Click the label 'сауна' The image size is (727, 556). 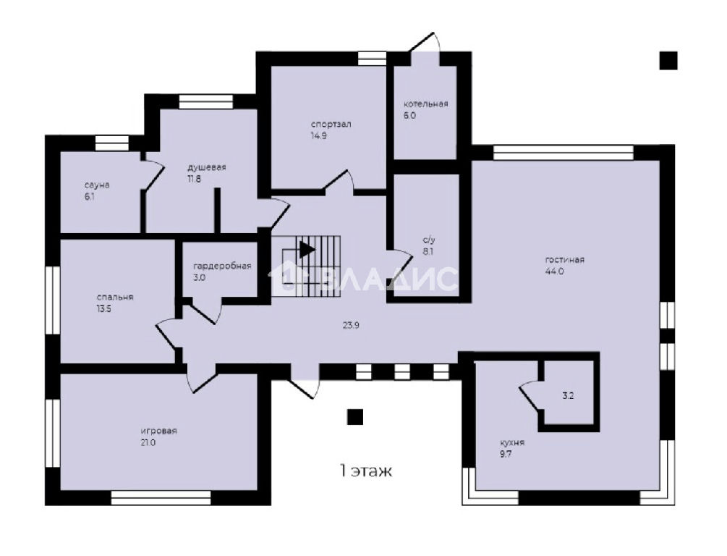pyautogui.click(x=97, y=185)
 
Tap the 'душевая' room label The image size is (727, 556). pyautogui.click(x=206, y=167)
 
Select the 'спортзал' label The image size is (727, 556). pyautogui.click(x=331, y=124)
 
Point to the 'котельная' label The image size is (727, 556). pyautogui.click(x=425, y=104)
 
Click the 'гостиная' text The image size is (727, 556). pyautogui.click(x=565, y=259)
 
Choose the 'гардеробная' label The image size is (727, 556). pyautogui.click(x=222, y=266)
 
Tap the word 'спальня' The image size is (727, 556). pyautogui.click(x=115, y=297)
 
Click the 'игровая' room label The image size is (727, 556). pyautogui.click(x=159, y=431)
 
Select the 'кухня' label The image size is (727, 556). pyautogui.click(x=512, y=442)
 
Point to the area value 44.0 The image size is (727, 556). pyautogui.click(x=555, y=271)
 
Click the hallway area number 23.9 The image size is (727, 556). pyautogui.click(x=351, y=325)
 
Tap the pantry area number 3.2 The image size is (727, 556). pyautogui.click(x=568, y=396)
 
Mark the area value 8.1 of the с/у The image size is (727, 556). pyautogui.click(x=428, y=252)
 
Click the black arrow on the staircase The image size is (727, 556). pyautogui.click(x=307, y=250)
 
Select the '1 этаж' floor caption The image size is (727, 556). pyautogui.click(x=366, y=471)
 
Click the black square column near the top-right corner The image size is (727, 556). pyautogui.click(x=668, y=61)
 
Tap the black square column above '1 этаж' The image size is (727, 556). pyautogui.click(x=355, y=417)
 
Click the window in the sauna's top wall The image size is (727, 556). pyautogui.click(x=111, y=143)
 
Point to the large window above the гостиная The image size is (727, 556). pyautogui.click(x=564, y=153)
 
